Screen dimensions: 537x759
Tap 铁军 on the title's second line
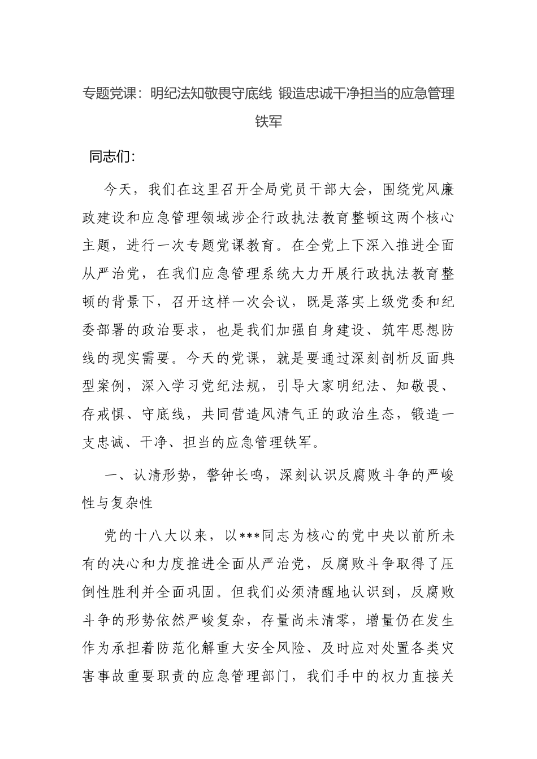268,121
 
